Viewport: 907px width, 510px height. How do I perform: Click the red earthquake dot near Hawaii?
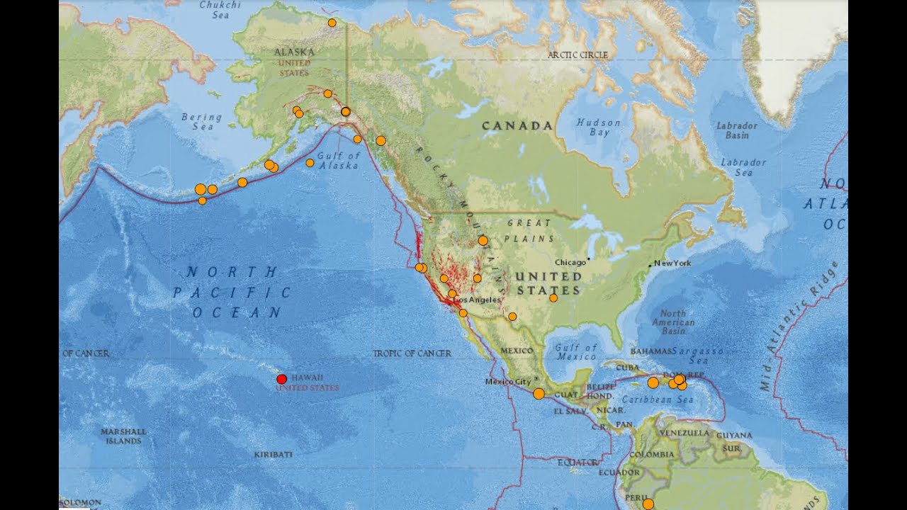(x=281, y=379)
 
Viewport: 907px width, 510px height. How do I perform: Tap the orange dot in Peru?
(x=648, y=504)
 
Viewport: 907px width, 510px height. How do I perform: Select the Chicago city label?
(x=570, y=262)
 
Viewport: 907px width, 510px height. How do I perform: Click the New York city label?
(x=672, y=263)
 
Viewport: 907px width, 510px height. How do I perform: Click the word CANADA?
(x=517, y=125)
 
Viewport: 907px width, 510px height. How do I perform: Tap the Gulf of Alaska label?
(x=339, y=160)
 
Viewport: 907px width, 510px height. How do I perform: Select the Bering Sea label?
(x=201, y=122)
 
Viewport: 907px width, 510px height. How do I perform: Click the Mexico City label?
(x=508, y=382)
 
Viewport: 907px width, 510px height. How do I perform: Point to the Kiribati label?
(x=273, y=454)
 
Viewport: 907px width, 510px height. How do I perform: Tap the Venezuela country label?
(x=684, y=432)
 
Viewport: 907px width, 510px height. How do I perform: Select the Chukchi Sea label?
(x=220, y=8)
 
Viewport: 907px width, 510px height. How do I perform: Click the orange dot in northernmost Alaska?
(x=332, y=23)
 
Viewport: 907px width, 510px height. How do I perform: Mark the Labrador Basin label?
(x=736, y=130)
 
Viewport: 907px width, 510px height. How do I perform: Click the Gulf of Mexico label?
(x=576, y=351)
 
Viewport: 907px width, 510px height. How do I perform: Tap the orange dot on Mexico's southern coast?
(x=539, y=393)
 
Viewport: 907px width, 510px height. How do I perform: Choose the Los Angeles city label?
(x=478, y=300)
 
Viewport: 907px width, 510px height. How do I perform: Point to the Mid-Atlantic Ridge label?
(x=799, y=326)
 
